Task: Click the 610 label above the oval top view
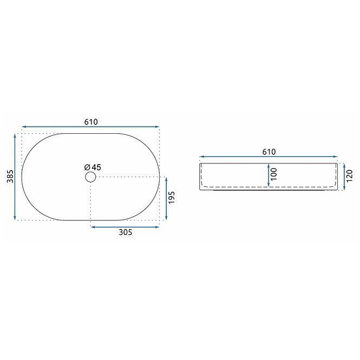point(91,122)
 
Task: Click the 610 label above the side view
point(269,152)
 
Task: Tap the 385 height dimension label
point(10,176)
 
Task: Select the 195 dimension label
point(172,198)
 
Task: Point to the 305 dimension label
point(126,232)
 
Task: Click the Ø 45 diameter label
point(93,167)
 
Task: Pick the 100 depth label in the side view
point(274,174)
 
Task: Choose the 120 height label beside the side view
point(349,176)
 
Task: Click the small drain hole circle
point(90,177)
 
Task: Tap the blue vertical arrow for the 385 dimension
point(15,177)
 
